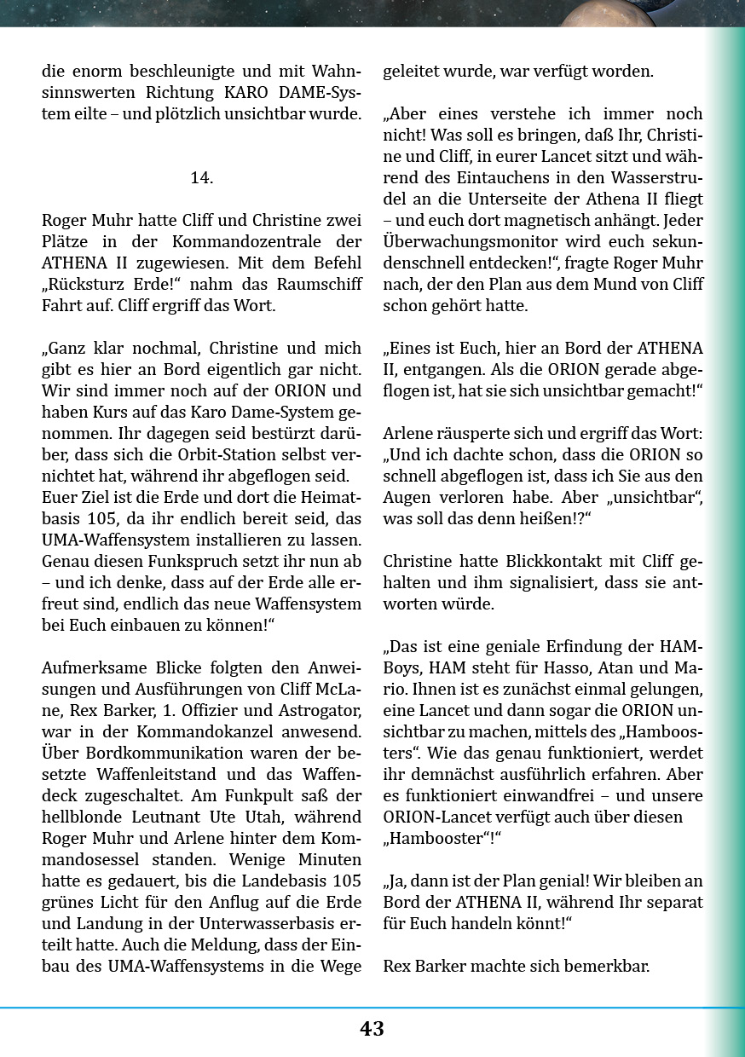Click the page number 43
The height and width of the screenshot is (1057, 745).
[x=372, y=1029]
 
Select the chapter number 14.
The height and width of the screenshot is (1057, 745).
[x=201, y=177]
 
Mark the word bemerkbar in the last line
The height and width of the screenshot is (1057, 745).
[x=609, y=967]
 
